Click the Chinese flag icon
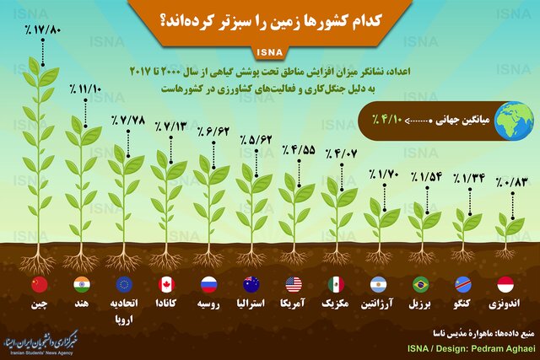(40, 285)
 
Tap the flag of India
(82, 285)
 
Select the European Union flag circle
(124, 285)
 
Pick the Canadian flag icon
(167, 285)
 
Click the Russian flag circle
(209, 285)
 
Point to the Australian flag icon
(251, 285)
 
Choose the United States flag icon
(294, 285)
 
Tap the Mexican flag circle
(336, 285)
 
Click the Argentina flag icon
(379, 285)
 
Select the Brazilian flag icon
(421, 285)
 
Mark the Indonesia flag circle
(505, 285)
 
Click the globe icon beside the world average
(514, 121)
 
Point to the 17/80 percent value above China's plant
(43, 30)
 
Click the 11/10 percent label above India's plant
(85, 89)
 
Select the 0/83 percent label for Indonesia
(512, 182)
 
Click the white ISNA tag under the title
(270, 52)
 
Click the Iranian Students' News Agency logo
(40, 342)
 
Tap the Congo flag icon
(463, 285)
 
